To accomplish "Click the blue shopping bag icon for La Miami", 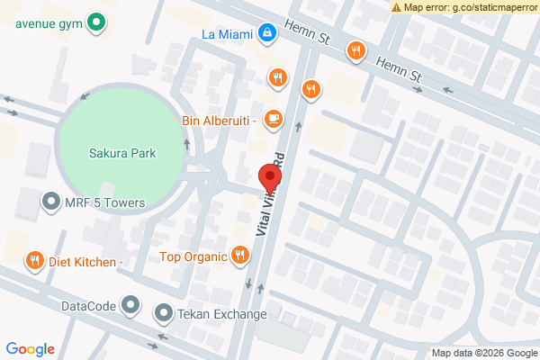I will [x=266, y=35].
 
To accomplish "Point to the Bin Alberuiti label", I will [x=220, y=119].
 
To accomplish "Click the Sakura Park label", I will [x=122, y=153].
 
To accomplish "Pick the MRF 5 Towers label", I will [x=104, y=203].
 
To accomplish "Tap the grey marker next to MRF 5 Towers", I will [x=51, y=203].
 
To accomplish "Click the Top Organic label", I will [x=191, y=256].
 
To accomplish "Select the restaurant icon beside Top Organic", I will [x=239, y=256].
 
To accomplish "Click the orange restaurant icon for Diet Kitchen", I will [x=34, y=261].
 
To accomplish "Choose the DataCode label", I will [x=88, y=306].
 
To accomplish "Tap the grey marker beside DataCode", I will [x=131, y=306].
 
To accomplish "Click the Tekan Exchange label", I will [x=221, y=314].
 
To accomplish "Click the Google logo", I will [x=31, y=349].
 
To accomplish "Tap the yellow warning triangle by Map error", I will [x=397, y=6].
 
